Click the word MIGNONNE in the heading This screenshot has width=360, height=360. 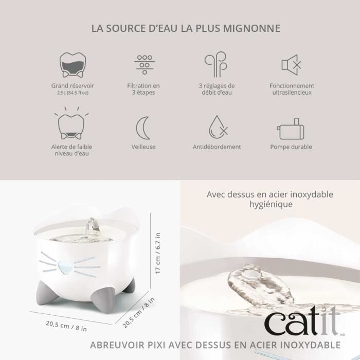[254, 28]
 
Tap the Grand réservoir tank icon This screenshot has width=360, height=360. [73, 65]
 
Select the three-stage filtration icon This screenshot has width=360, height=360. [145, 64]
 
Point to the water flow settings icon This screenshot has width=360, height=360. [216, 65]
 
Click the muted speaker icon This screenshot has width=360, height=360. [291, 65]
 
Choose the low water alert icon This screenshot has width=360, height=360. [73, 125]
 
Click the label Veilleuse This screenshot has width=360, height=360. [143, 147]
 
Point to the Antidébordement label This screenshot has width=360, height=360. [217, 147]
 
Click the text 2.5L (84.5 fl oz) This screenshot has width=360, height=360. [73, 93]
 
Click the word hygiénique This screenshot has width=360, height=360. [270, 204]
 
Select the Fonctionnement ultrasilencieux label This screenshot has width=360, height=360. [292, 89]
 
